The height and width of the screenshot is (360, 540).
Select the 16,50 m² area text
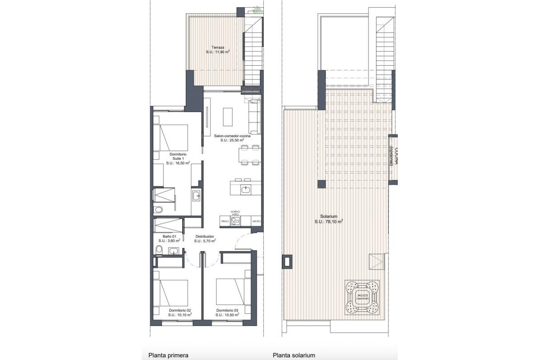click(x=178, y=163)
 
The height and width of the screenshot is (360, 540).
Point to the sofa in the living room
click(x=255, y=117)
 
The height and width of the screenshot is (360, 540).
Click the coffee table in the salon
click(x=228, y=117)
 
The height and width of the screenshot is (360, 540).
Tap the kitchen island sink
click(x=246, y=189)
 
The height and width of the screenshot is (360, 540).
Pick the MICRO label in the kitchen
click(x=256, y=221)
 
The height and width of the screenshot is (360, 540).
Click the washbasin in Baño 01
click(x=173, y=251)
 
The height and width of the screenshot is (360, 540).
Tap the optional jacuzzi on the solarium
click(x=362, y=297)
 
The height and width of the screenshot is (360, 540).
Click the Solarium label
click(x=328, y=216)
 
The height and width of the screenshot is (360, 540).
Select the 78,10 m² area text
click(x=328, y=221)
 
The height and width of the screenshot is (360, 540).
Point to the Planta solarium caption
click(x=294, y=355)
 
